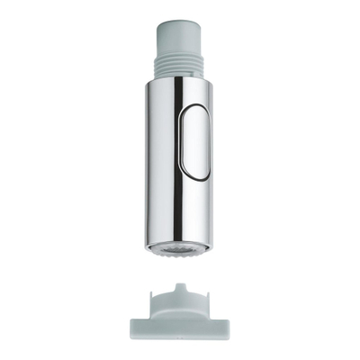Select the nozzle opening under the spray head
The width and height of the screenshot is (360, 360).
[179, 246]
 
